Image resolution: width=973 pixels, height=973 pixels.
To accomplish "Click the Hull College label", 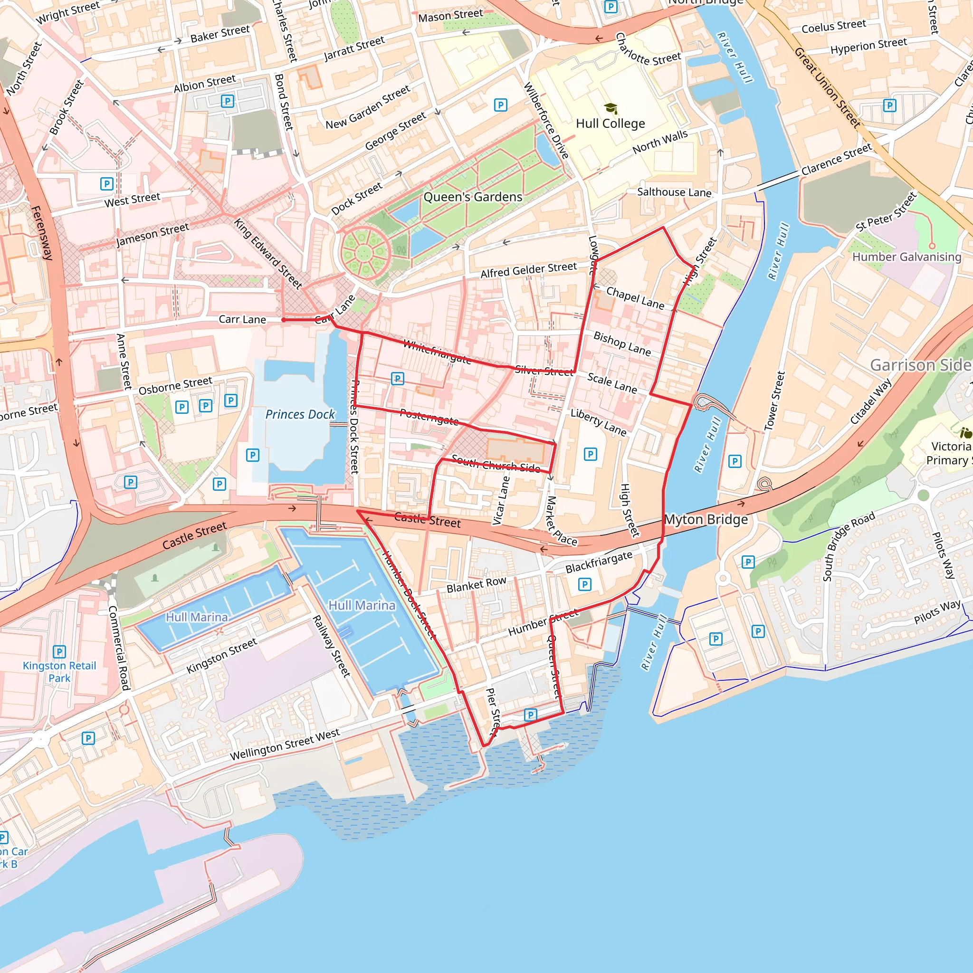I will [610, 124].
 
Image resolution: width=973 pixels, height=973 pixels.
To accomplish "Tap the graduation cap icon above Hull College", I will [611, 108].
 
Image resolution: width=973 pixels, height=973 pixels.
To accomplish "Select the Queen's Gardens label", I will [472, 197].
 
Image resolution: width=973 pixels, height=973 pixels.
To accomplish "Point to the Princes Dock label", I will [300, 414].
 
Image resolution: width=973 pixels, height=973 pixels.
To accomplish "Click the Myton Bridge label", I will [706, 519].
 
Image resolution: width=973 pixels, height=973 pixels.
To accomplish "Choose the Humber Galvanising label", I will [906, 257].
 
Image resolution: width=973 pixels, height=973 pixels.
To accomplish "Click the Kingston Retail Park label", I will [59, 671].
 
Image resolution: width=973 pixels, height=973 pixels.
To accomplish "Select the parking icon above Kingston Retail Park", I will [59, 652].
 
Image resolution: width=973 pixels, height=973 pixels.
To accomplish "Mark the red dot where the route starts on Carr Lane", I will [284, 320].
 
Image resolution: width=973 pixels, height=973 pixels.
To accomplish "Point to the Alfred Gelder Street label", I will [528, 270].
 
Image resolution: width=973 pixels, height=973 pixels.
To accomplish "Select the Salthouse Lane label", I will [674, 192].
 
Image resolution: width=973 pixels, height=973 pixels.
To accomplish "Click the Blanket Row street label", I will [476, 585].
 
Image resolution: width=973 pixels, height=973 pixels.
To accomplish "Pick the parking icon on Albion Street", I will [228, 101].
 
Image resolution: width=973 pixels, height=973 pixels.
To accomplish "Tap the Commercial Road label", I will [119, 648].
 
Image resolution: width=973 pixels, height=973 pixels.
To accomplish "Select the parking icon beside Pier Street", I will [530, 715].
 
